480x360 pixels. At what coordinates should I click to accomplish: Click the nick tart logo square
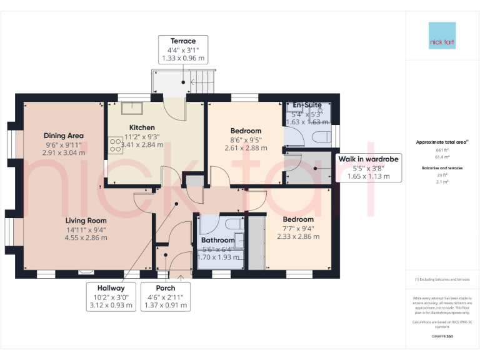click(x=442, y=36)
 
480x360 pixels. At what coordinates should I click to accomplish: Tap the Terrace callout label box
click(x=183, y=49)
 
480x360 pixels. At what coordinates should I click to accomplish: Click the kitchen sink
click(x=132, y=109)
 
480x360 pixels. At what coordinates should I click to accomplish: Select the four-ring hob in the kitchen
click(x=116, y=145)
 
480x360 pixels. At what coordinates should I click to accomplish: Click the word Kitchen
click(x=142, y=127)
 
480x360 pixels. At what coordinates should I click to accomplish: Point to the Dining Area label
click(x=63, y=136)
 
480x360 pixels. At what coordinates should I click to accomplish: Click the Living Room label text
click(x=86, y=221)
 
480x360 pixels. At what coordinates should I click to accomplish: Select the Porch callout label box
click(x=165, y=296)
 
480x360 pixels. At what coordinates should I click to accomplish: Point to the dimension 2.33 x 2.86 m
click(x=298, y=236)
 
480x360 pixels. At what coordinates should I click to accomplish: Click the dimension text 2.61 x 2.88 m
click(x=246, y=148)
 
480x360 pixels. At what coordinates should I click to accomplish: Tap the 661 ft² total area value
click(x=442, y=151)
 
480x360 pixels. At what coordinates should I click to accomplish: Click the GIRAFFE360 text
click(x=442, y=336)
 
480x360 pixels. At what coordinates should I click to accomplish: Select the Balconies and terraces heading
click(x=442, y=168)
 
